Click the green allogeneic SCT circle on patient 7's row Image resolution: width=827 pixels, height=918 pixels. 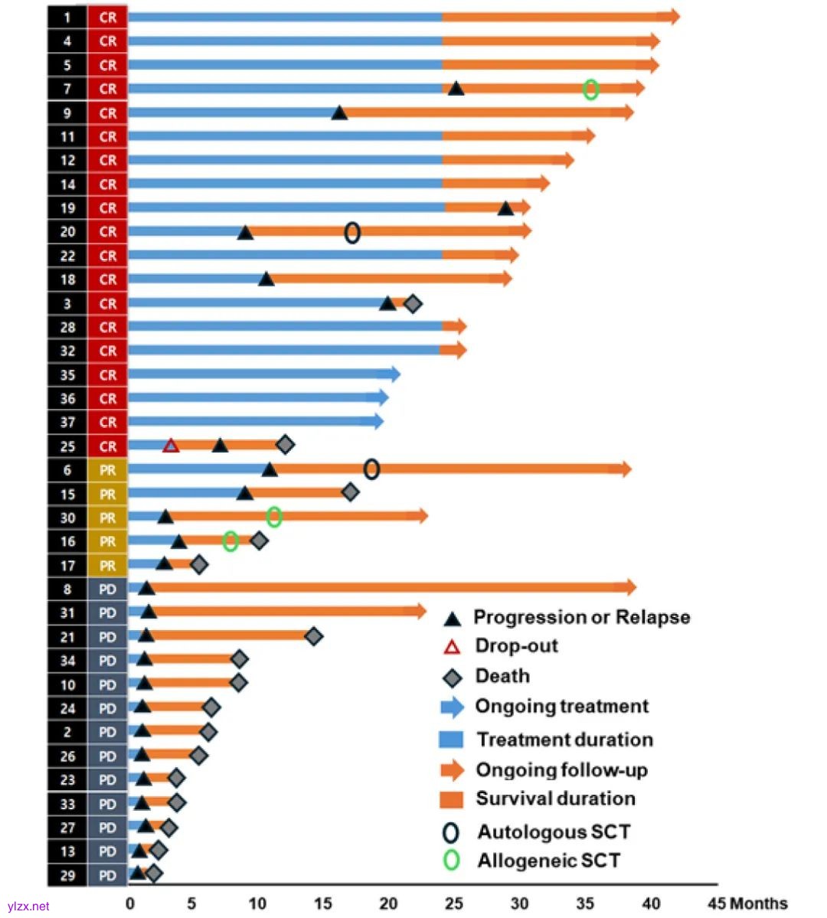590,89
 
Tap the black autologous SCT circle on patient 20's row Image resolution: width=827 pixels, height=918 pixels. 352,232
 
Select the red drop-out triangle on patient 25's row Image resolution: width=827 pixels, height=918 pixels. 171,446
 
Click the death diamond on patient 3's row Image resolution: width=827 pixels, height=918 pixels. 413,304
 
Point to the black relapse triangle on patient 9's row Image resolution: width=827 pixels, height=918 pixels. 339,113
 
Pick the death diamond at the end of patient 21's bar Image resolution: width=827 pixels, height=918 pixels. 313,636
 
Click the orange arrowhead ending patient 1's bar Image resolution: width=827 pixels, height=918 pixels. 672,17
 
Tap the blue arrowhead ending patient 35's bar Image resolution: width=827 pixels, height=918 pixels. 394,374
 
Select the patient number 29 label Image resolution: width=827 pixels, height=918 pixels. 67,875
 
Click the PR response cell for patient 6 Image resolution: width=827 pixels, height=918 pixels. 107,470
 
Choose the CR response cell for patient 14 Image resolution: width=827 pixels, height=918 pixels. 107,185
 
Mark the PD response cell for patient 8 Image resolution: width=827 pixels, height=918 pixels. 107,590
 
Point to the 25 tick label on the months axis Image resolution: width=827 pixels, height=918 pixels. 453,903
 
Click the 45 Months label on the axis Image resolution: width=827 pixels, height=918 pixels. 747,903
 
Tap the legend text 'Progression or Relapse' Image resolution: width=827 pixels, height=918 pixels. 581,617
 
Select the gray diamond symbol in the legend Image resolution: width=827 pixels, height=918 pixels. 453,678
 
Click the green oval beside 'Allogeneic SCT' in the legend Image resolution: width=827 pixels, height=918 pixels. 452,861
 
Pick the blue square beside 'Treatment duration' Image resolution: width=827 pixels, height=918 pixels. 451,740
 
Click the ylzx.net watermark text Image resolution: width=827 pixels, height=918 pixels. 28,907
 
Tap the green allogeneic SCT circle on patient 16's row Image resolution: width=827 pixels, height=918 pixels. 230,541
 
